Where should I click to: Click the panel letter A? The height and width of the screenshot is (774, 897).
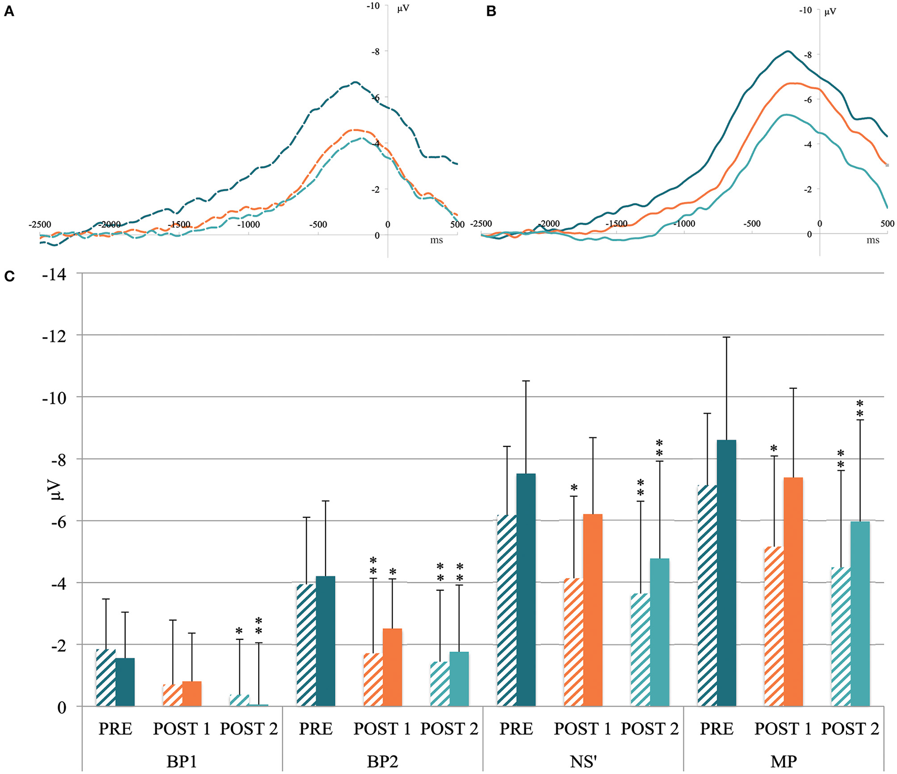click(9, 11)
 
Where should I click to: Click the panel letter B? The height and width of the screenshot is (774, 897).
click(491, 11)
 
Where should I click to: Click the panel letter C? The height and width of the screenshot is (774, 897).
click(9, 276)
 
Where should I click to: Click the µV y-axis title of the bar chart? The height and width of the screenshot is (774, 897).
click(56, 490)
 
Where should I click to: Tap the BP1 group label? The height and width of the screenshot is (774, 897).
click(181, 761)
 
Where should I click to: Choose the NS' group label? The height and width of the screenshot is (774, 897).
click(583, 761)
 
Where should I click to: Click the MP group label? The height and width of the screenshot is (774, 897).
click(783, 761)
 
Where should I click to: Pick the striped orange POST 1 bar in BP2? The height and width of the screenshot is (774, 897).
click(373, 680)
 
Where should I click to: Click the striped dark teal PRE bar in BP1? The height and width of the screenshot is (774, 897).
click(106, 678)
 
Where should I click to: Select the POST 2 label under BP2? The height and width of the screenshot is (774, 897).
click(449, 729)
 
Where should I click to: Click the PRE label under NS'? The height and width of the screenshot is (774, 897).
click(516, 729)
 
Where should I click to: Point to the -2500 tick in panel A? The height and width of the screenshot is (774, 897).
click(40, 224)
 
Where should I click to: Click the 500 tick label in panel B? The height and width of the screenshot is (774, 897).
click(887, 223)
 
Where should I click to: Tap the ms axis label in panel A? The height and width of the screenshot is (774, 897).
click(436, 240)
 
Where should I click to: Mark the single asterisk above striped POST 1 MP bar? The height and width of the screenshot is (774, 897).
click(773, 449)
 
